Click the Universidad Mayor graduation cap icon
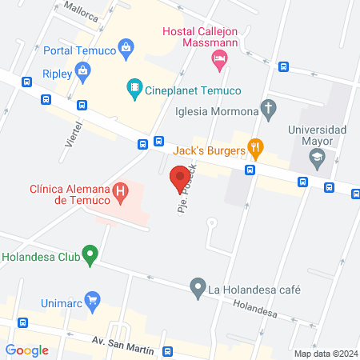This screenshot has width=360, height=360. pyautogui.click(x=318, y=157)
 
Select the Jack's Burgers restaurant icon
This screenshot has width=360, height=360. pyautogui.click(x=255, y=146)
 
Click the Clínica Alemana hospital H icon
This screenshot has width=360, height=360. pyautogui.click(x=121, y=193)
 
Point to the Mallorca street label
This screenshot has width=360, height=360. pyautogui.click(x=70, y=12)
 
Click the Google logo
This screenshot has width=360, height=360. pyautogui.click(x=27, y=350)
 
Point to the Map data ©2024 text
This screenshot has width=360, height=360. pyautogui.click(x=325, y=354)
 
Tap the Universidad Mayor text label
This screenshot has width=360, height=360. pyautogui.click(x=317, y=135)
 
